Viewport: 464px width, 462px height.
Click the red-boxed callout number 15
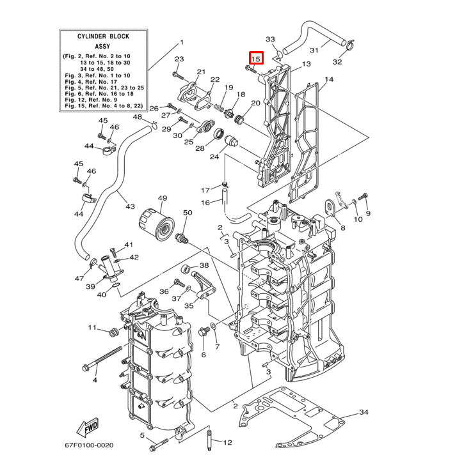click(256, 59)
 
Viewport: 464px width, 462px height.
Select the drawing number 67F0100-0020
click(88, 445)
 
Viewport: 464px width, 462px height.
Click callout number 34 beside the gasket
click(364, 413)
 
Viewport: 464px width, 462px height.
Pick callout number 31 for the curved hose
click(314, 50)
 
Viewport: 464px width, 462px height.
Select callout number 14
click(329, 80)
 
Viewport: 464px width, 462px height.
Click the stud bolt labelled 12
click(209, 442)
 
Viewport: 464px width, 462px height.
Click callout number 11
click(92, 328)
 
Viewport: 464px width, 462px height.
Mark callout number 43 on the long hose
click(130, 206)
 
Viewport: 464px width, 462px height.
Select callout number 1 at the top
click(181, 42)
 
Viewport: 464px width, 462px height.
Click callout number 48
click(138, 117)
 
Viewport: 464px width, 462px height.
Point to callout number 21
click(201, 72)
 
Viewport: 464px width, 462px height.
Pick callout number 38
click(204, 265)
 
